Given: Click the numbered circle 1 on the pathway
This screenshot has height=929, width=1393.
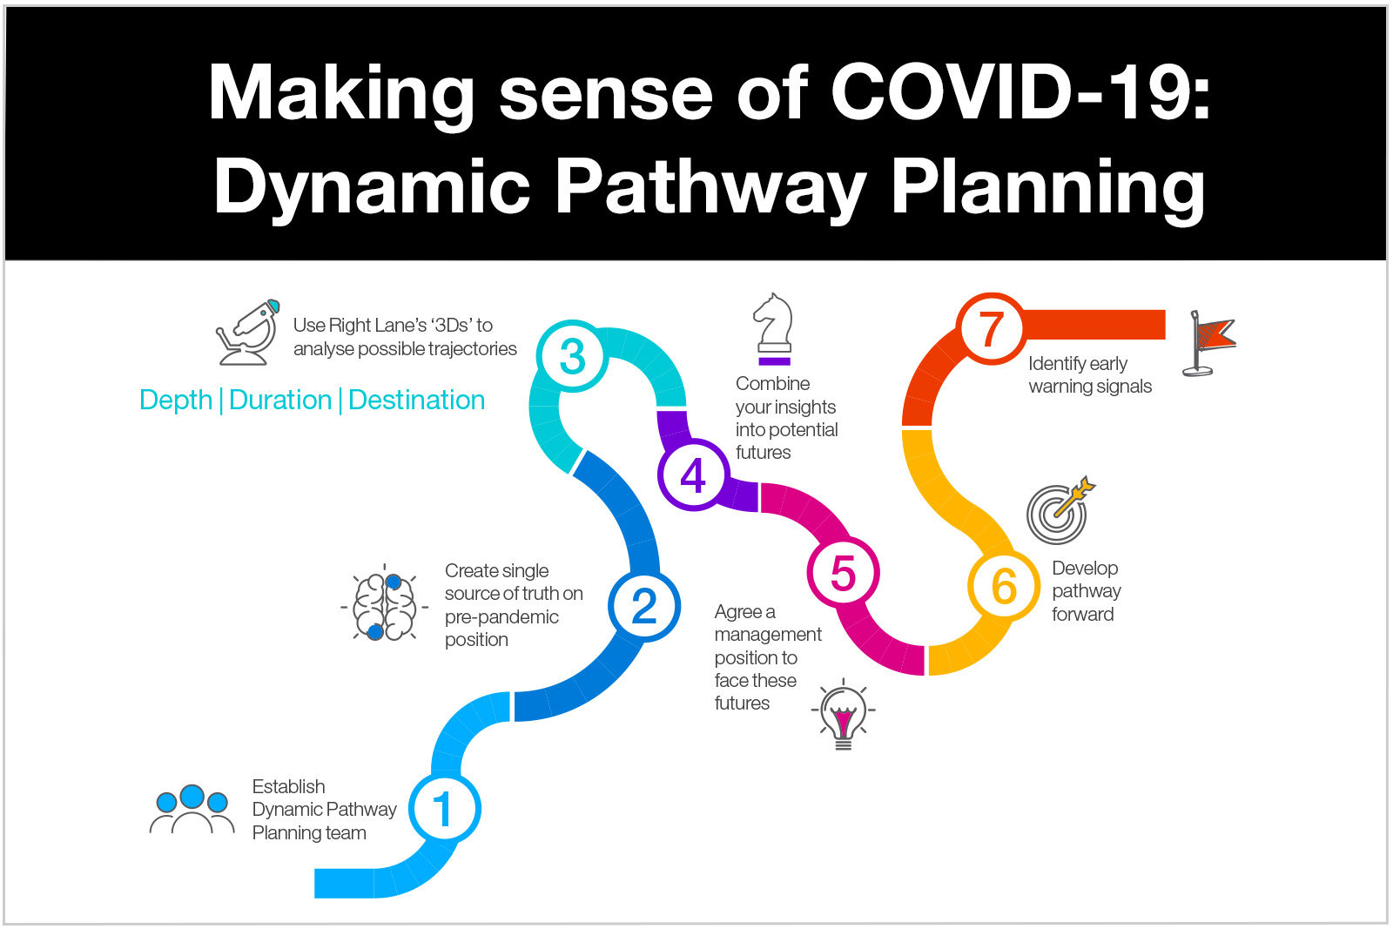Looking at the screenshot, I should [x=444, y=809].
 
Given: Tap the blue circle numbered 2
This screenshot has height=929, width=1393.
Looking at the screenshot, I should [x=644, y=606].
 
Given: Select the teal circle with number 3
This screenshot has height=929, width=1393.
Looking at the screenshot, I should [x=572, y=356].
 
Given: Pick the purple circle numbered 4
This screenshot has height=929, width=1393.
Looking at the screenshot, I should [x=693, y=475].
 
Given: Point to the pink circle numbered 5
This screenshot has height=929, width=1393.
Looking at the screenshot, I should [x=843, y=573].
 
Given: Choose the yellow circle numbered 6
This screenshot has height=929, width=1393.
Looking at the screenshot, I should [x=1004, y=586].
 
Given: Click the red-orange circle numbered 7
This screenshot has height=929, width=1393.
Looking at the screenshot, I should [x=992, y=330].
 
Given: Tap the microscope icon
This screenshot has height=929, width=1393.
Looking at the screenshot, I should [x=248, y=333].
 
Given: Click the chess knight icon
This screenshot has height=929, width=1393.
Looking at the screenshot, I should [x=773, y=329].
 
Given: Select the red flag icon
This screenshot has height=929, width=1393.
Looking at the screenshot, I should [x=1210, y=342].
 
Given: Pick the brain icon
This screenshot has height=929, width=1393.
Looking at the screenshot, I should [x=384, y=605].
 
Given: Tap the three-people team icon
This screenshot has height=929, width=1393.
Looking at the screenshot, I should [x=192, y=811].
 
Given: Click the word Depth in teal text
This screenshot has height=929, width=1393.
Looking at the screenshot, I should [x=176, y=401].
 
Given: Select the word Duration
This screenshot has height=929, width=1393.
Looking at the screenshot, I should [x=280, y=401].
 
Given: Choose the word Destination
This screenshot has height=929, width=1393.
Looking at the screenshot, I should [x=416, y=401].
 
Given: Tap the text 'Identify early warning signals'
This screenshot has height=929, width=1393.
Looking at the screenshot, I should [x=1089, y=375].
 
